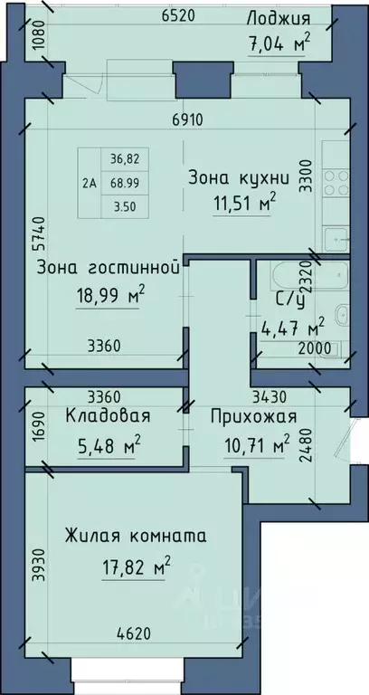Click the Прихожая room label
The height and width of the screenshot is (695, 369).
254,416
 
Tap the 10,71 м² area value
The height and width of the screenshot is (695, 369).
258,444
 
